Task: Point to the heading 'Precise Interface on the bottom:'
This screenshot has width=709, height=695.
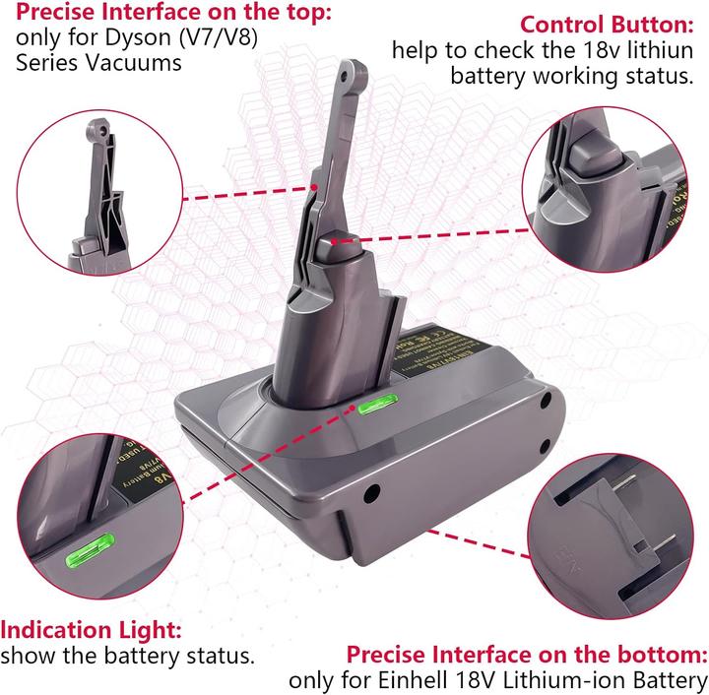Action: click(x=526, y=655)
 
